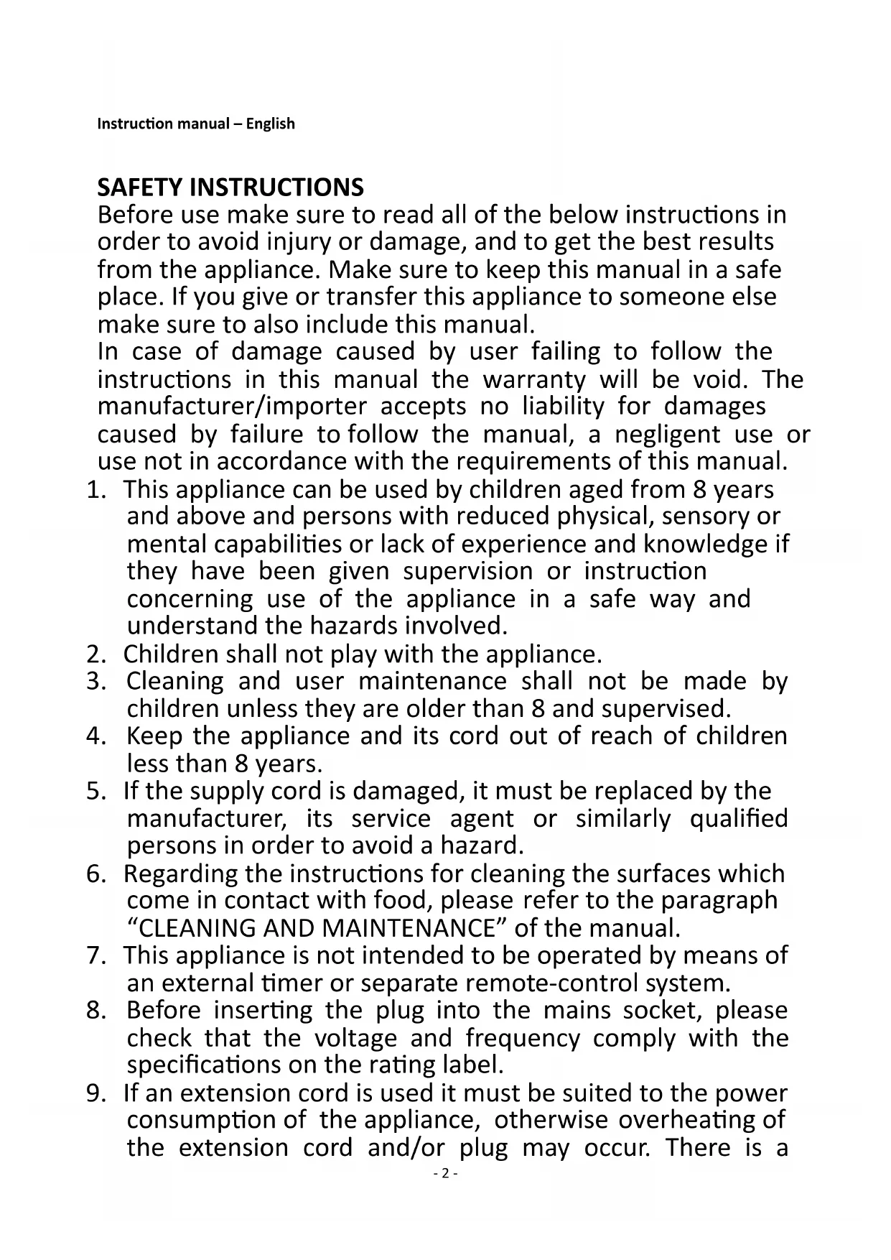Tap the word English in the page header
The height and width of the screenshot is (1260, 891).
[270, 124]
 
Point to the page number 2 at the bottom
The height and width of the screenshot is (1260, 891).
[445, 1174]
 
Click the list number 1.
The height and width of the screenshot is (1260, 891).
[94, 490]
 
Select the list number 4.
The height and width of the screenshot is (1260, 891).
[94, 736]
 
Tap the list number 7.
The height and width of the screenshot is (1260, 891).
[94, 955]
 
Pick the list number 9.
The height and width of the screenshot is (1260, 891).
[94, 1093]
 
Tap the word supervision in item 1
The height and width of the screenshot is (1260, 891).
[467, 571]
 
